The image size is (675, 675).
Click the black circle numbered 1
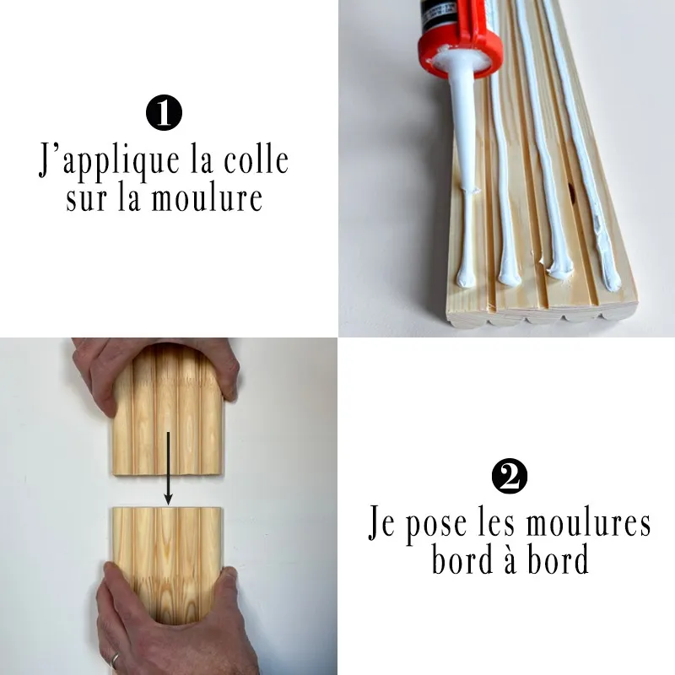[164, 113]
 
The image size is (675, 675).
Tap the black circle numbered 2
[510, 476]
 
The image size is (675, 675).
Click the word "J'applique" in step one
[109, 162]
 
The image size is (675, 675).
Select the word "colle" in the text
[256, 160]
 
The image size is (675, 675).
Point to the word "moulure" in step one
[207, 198]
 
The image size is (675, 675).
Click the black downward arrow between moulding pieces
[168, 467]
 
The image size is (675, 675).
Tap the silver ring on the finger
[115, 661]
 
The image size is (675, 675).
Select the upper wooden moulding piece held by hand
[168, 410]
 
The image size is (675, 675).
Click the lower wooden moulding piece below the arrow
[167, 564]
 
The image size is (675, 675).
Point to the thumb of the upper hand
[229, 378]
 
